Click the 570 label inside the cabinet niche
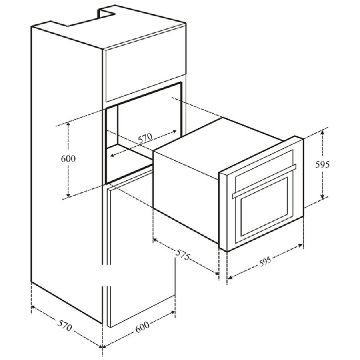pos(145,138)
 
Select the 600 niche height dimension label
pos(68,159)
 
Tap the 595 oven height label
pos(322,164)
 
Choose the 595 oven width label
pos(266,261)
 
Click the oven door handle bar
pos(264,181)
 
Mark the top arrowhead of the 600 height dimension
pos(68,124)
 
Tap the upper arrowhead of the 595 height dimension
pos(322,132)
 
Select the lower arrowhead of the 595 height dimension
pos(322,196)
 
